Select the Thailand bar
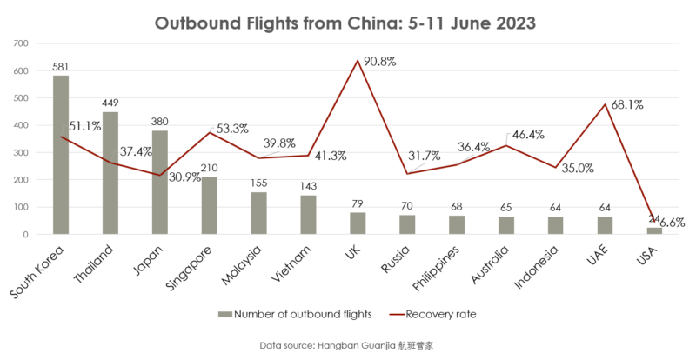pos(110,173)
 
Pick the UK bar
pos(358,223)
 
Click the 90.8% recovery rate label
pos(381,62)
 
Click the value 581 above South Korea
pos(61,67)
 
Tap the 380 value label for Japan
pos(160,122)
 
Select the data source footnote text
pos(346,345)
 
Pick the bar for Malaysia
pos(259,213)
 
